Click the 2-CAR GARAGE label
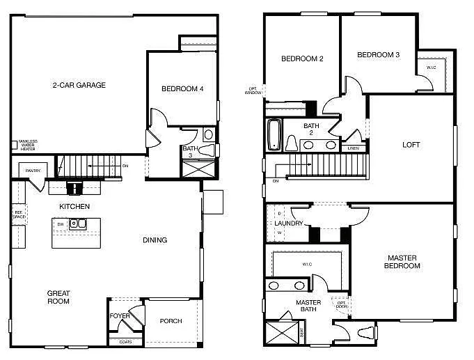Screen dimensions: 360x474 pyautogui.click(x=79, y=86)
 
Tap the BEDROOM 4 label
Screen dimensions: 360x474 pyautogui.click(x=182, y=88)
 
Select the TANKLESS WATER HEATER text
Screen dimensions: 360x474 pyautogui.click(x=28, y=145)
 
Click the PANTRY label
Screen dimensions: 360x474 pyautogui.click(x=33, y=171)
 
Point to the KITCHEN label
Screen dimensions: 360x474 pyautogui.click(x=74, y=207)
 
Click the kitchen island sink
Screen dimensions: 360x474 pyautogui.click(x=81, y=224)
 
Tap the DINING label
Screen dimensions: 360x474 pyautogui.click(x=155, y=240)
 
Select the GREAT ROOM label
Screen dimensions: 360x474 pyautogui.click(x=58, y=297)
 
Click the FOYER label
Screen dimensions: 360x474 pyautogui.click(x=120, y=316)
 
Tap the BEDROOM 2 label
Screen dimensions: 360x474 pyautogui.click(x=302, y=59)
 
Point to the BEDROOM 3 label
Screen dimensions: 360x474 pyautogui.click(x=378, y=55)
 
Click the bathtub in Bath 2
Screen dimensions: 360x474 pyautogui.click(x=274, y=135)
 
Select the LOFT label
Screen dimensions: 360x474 pyautogui.click(x=411, y=145)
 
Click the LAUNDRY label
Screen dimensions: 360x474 pyautogui.click(x=289, y=224)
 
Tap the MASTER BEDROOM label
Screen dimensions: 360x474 pyautogui.click(x=402, y=262)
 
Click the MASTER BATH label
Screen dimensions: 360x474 pyautogui.click(x=308, y=306)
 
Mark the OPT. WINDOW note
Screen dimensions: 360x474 pyautogui.click(x=253, y=91)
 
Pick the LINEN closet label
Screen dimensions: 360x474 pyautogui.click(x=354, y=148)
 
